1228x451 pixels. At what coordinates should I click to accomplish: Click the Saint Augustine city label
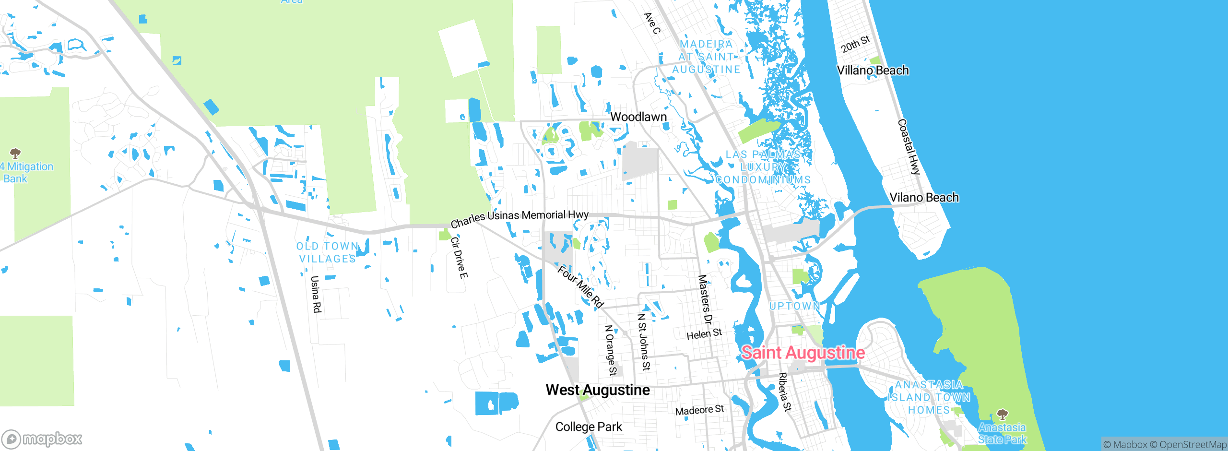(803, 353)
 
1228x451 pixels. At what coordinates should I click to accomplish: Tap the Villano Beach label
(873, 71)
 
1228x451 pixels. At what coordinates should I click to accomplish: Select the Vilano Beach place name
(924, 198)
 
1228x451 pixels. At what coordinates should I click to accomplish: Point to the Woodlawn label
(638, 117)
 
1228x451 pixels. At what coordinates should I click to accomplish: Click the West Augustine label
(598, 390)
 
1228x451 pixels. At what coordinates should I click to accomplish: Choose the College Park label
(589, 427)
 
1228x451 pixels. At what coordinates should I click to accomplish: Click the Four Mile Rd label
(580, 287)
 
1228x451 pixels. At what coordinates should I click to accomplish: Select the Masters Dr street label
(705, 299)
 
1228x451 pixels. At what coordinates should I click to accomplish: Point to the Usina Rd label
(316, 294)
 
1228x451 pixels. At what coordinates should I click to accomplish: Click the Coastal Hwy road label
(909, 147)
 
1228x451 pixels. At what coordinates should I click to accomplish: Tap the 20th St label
(855, 44)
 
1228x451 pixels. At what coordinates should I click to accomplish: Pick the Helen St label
(704, 334)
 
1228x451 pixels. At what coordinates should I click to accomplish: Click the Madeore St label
(699, 410)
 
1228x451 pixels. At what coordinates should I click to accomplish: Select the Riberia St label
(784, 392)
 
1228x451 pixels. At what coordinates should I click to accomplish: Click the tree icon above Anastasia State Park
(1002, 414)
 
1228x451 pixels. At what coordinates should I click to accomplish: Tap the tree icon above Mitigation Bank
(15, 154)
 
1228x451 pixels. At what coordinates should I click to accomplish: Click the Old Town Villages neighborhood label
(328, 252)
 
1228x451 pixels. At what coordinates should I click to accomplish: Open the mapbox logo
(42, 439)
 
